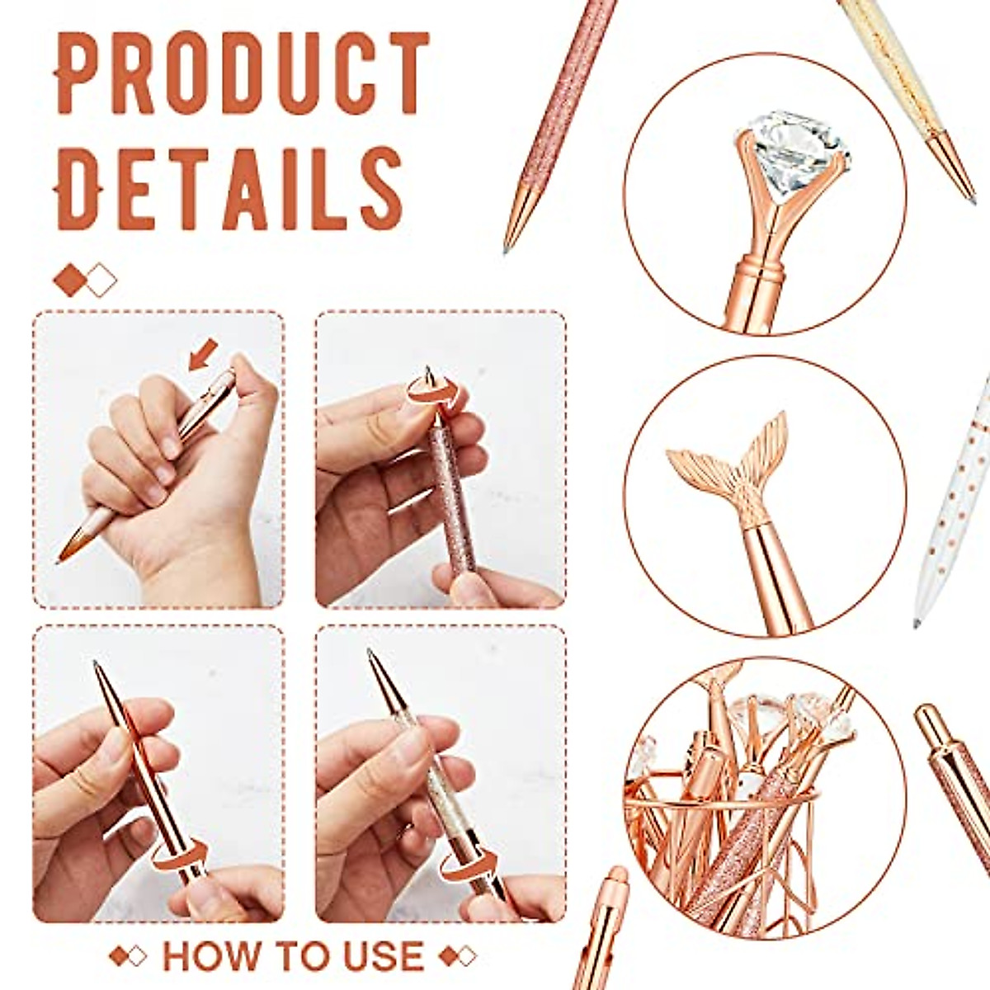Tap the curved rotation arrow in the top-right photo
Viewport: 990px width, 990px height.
[434, 391]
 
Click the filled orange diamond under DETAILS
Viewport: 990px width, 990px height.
[69, 280]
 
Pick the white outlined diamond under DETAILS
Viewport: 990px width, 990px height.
[101, 280]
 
